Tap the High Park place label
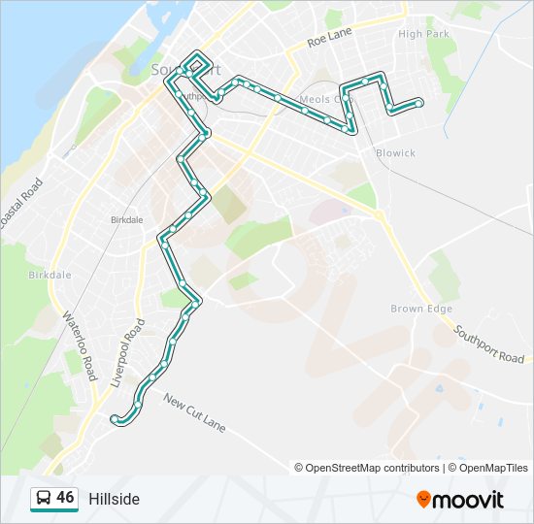click(423, 34)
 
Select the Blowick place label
click(396, 152)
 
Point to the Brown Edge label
click(421, 309)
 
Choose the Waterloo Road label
click(81, 345)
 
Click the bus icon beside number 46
click(44, 499)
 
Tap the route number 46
click(65, 498)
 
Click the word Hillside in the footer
click(115, 499)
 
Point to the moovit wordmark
click(469, 500)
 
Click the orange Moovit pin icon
click(423, 500)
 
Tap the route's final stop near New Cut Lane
click(115, 418)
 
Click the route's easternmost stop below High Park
click(418, 102)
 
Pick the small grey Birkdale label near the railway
click(126, 219)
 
